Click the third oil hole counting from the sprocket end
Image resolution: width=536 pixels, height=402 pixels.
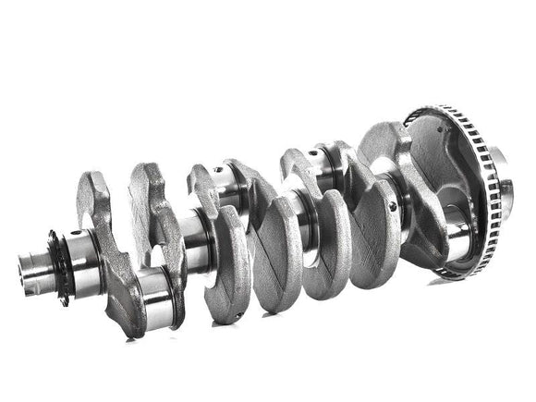coord(314,153)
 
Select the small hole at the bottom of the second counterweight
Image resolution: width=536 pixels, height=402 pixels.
coord(238,316)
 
